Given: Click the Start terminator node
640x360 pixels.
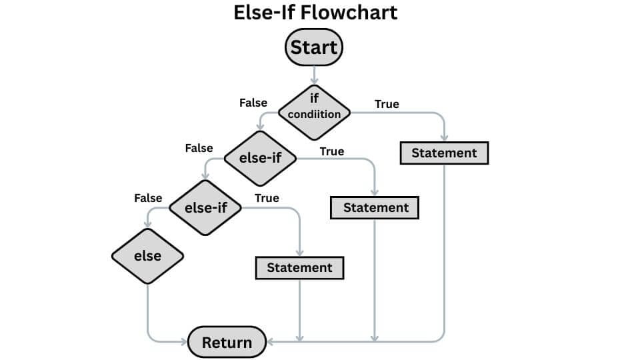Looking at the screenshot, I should [314, 49].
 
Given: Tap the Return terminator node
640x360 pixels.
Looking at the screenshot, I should [227, 342].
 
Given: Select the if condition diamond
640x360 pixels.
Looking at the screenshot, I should [314, 112].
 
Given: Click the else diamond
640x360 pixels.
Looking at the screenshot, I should [147, 255].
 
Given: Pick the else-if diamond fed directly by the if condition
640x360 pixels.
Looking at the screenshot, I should [259, 159].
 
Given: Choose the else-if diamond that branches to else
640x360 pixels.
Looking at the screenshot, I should [205, 207].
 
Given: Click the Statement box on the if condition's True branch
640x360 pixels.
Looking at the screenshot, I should [444, 153].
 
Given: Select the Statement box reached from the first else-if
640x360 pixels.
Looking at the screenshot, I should [375, 207].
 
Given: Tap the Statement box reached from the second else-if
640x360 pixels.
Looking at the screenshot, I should [299, 267].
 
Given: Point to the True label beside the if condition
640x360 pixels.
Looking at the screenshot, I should [387, 104].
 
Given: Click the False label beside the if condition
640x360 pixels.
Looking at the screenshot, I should [253, 103].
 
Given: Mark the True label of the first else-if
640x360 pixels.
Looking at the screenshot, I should [331, 151].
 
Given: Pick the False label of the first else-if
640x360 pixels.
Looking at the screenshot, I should [199, 148].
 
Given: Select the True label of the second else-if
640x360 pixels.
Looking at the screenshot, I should [267, 198].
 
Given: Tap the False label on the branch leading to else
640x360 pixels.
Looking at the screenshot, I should [148, 198].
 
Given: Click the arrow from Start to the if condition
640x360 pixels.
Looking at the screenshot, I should [314, 75].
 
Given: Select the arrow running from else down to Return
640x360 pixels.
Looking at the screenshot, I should [147, 313].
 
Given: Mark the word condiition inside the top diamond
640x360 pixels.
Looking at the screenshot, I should [314, 114].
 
